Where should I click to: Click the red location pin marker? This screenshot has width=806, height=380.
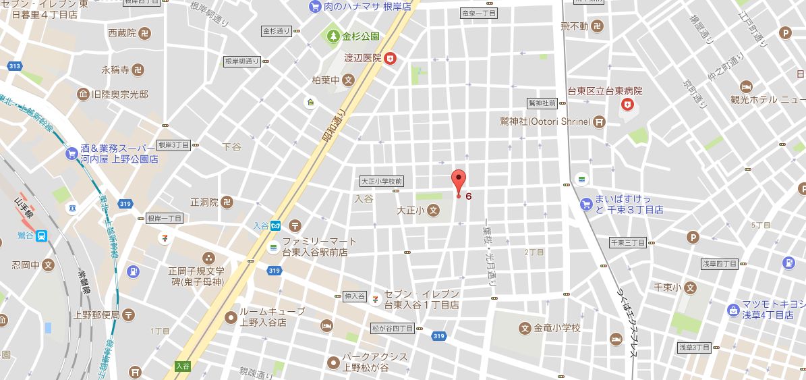tap(459, 182)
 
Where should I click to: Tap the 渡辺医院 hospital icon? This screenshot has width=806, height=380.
tap(390, 59)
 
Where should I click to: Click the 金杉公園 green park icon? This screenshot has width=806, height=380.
tap(333, 36)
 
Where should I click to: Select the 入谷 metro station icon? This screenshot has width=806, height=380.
tap(276, 227)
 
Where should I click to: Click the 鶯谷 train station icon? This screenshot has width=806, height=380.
tap(42, 236)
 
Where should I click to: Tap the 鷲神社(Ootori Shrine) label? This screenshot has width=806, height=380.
tap(550, 122)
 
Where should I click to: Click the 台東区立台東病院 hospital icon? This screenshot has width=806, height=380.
tap(628, 104)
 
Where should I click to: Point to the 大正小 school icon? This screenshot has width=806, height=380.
tap(434, 211)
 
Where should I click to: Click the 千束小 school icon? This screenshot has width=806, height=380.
tap(689, 288)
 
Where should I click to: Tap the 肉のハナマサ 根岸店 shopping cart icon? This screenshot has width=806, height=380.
tap(314, 7)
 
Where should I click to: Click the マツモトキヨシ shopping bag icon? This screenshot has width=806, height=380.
tap(734, 310)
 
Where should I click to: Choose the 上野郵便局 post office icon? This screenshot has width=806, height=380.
tap(129, 315)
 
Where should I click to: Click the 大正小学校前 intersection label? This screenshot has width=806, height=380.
tap(381, 181)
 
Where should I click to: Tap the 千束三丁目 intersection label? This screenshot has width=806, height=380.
tap(627, 242)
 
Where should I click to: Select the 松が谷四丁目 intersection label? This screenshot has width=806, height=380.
tap(393, 329)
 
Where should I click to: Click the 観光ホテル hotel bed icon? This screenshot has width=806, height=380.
tap(746, 87)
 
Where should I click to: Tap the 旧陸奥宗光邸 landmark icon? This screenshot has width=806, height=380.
tap(84, 94)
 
